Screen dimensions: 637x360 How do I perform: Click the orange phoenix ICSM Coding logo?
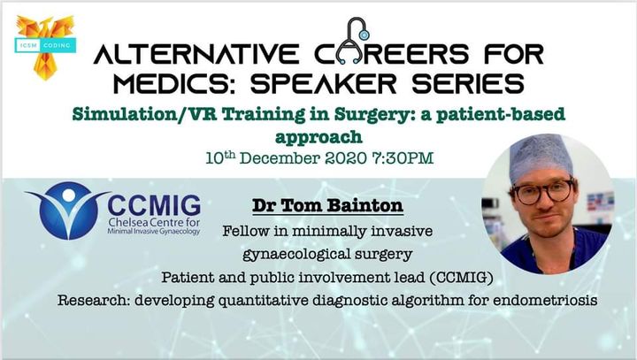45,47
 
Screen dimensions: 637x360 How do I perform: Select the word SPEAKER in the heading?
323,84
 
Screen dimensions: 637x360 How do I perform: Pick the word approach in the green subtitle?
318,138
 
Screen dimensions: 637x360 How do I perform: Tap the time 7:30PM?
403,158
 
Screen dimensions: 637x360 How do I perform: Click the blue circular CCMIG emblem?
68,210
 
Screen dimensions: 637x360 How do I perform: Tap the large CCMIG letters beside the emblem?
154,206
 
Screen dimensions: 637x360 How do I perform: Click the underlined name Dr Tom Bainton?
327,205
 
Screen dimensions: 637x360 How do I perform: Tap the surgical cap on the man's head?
541,157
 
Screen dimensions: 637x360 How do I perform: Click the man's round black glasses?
543,192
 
